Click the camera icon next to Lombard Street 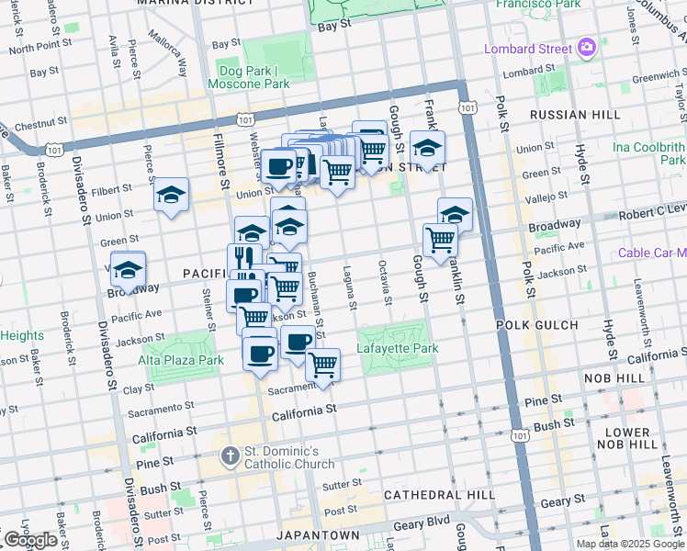pyautogui.click(x=587, y=48)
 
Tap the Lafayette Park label pyautogui.click(x=398, y=349)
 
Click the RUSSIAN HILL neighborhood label pyautogui.click(x=568, y=116)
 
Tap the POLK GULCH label pyautogui.click(x=537, y=325)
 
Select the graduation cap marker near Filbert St pyautogui.click(x=171, y=195)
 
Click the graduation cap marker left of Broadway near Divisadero pyautogui.click(x=129, y=269)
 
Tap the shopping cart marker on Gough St pyautogui.click(x=441, y=240)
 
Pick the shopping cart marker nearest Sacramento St pyautogui.click(x=322, y=364)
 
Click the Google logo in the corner pyautogui.click(x=30, y=540)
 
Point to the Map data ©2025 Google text pyautogui.click(x=630, y=544)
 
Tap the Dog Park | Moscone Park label pyautogui.click(x=254, y=77)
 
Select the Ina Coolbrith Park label pyautogui.click(x=649, y=153)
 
